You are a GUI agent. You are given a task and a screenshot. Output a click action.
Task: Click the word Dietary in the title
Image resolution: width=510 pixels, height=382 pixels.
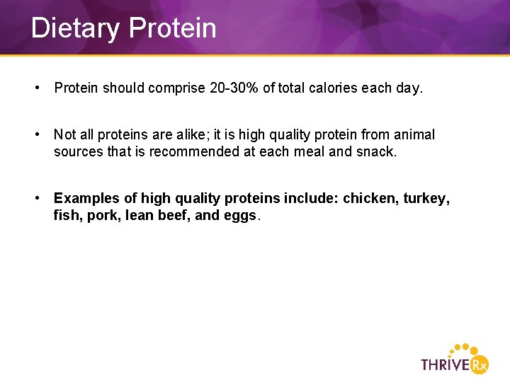tap(75, 29)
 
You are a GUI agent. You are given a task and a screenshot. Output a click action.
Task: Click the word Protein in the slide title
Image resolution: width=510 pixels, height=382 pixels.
tap(173, 29)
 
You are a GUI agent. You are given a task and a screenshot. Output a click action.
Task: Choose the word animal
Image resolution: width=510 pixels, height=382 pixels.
tap(414, 134)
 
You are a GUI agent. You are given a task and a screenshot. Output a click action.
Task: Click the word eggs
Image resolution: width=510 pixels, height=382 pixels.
tap(239, 215)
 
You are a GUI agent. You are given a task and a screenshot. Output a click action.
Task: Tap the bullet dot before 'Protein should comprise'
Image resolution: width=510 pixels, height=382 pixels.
tap(37, 88)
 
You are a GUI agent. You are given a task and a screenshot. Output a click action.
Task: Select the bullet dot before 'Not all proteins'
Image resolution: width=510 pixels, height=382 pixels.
tap(37, 134)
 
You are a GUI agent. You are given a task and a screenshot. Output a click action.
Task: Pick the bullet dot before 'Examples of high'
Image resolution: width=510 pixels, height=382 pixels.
tap(37, 198)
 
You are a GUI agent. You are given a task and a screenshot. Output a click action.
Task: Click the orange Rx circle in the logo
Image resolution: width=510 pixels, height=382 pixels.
tap(479, 364)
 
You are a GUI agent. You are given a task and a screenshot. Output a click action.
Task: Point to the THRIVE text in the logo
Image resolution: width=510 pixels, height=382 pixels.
tap(445, 365)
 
